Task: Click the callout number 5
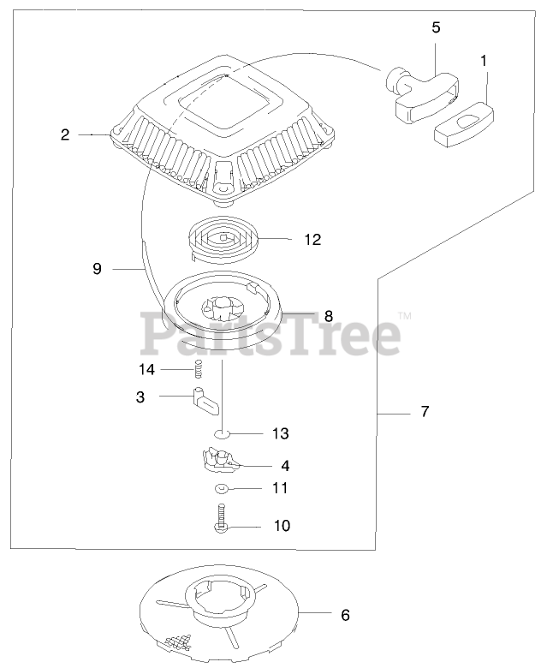coord(436,27)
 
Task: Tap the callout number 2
coord(65,134)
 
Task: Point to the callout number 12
coord(312,240)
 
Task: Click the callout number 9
coord(97,269)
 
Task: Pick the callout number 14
coord(147,369)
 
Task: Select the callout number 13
coord(281,433)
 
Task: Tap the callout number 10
coord(281,525)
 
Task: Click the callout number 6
coord(345,615)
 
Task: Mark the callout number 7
coord(425,412)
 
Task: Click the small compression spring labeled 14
coord(196,370)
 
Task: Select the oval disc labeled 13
coord(223,434)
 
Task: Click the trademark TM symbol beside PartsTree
coord(405,317)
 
